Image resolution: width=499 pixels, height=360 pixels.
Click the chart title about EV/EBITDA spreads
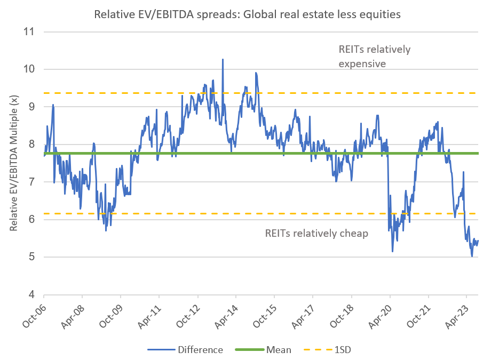pyautogui.click(x=247, y=14)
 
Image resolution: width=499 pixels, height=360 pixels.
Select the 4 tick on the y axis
pyautogui.click(x=30, y=294)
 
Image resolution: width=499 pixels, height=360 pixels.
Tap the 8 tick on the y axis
pyautogui.click(x=30, y=144)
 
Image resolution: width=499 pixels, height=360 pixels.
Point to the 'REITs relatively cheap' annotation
pyautogui.click(x=316, y=234)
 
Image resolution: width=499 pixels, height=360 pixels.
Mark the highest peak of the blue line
pyautogui.click(x=223, y=59)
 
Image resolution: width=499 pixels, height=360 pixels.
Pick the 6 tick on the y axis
pyautogui.click(x=30, y=219)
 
